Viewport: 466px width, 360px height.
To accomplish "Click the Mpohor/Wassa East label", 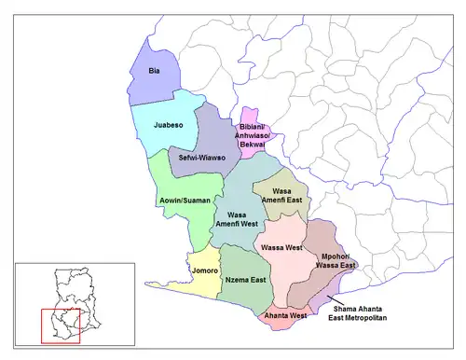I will pos(337,260).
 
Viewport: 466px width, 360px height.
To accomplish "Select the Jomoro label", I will pos(204,271).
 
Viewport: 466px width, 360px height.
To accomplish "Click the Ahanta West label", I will pos(284,315).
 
